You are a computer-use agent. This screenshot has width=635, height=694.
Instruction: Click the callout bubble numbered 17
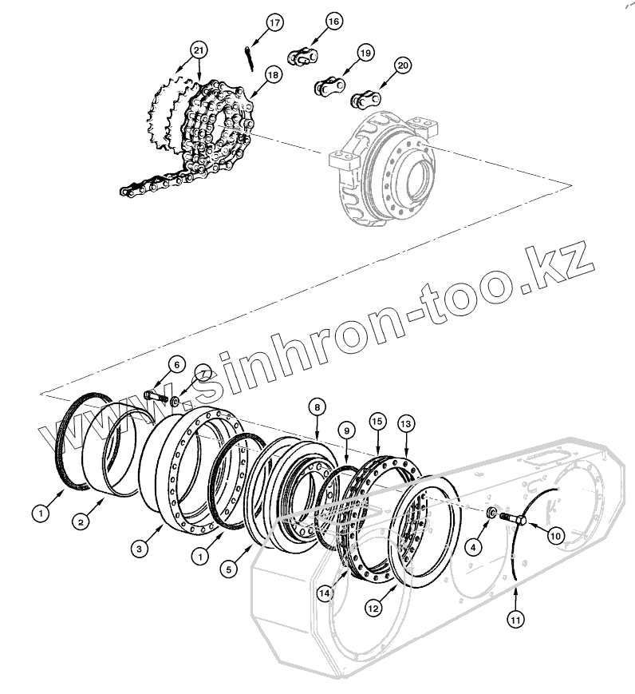274,22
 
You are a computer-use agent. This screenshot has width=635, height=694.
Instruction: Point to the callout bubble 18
273,74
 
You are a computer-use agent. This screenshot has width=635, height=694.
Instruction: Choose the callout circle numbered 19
365,53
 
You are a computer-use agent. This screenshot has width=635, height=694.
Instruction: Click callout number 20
402,65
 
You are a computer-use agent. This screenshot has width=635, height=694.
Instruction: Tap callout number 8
317,407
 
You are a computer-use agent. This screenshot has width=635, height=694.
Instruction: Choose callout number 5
228,569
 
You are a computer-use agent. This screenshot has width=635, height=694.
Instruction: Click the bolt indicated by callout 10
511,520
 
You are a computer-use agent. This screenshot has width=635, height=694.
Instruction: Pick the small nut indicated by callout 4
491,511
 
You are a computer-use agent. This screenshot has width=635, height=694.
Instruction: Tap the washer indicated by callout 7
175,395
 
